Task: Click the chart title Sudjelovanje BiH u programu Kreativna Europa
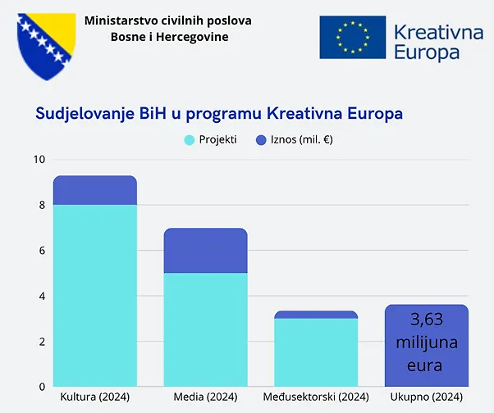[x=219, y=112]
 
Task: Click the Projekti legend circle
[x=190, y=140]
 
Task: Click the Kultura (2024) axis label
[x=94, y=397]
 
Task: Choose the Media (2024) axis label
[x=205, y=397]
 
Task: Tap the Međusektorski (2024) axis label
[x=316, y=397]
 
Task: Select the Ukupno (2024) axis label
[x=427, y=397]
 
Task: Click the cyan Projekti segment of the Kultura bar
[x=94, y=295]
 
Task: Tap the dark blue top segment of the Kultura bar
[x=94, y=190]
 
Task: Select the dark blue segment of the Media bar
[x=205, y=251]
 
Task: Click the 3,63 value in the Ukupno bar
[x=427, y=319]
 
